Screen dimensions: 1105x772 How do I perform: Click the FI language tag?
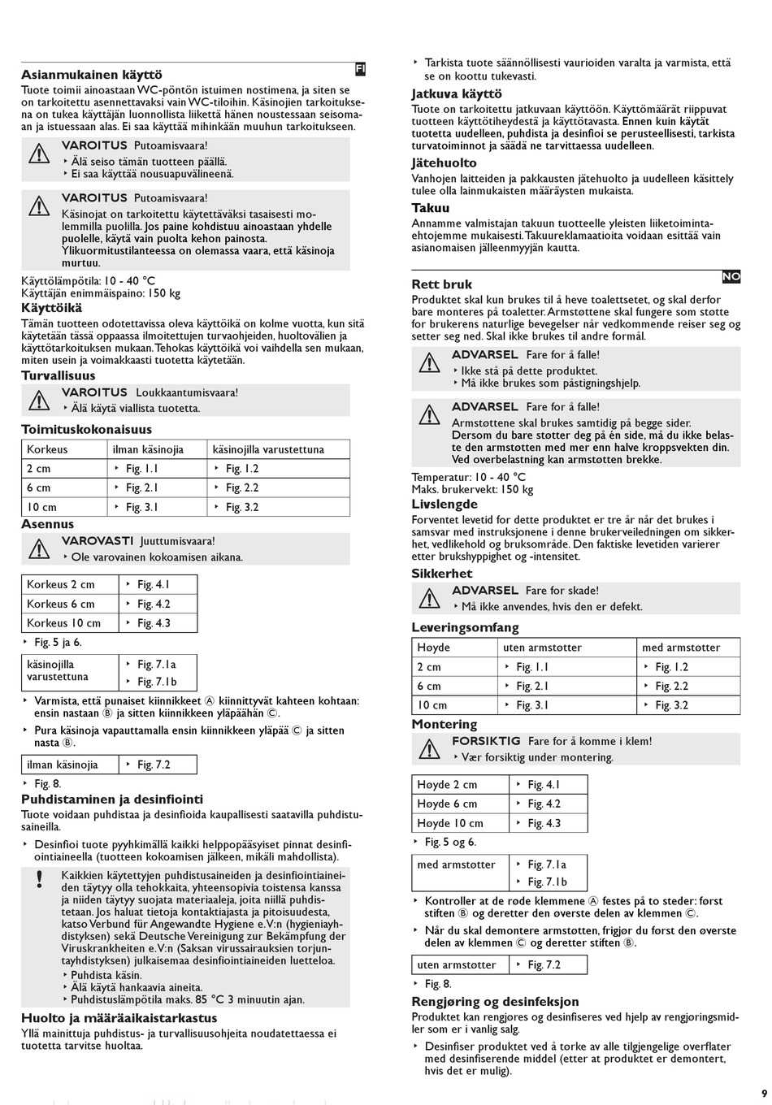coord(361,70)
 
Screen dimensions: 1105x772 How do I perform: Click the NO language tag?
coord(731,277)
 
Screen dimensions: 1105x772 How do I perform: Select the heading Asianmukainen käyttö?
coord(91,75)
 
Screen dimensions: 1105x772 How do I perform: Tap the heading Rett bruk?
coord(442,284)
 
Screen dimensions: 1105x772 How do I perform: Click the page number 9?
coord(763,1092)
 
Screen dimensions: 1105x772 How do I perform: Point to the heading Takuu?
coord(430,208)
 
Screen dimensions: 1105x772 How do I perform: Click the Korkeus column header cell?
coord(47,449)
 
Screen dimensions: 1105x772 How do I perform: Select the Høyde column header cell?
coord(433,648)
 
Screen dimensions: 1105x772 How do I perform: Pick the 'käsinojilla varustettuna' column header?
coord(268,449)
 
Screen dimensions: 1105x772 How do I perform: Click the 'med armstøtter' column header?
coord(681,648)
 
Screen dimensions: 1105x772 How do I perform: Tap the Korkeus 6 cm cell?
coord(60,604)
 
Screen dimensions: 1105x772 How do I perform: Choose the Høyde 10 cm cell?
coord(449,823)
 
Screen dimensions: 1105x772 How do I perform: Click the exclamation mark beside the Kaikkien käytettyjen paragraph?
coord(38,879)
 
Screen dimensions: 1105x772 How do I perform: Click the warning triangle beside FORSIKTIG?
coord(429,749)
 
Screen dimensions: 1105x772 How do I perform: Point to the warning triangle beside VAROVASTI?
coord(39,549)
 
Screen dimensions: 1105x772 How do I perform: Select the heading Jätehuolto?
coord(444,163)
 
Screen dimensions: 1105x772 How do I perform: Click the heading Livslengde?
coord(445,505)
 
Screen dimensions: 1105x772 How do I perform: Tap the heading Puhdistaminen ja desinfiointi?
coord(112,799)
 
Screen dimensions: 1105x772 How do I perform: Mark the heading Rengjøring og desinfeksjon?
coord(495,1002)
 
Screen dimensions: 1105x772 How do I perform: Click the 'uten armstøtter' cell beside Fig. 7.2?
coord(457,964)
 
